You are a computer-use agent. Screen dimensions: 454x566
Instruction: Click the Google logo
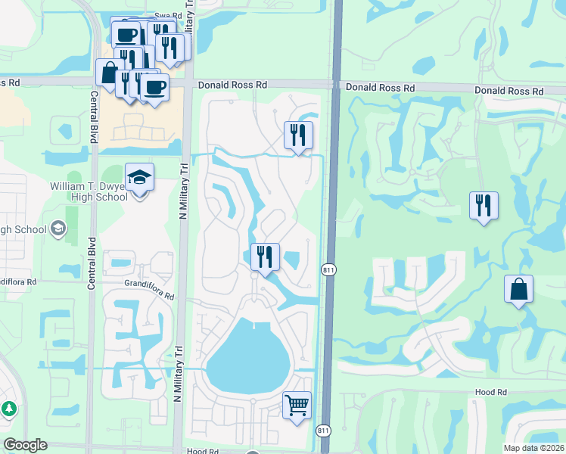[26, 445]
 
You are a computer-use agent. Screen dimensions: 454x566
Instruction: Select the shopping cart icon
[297, 404]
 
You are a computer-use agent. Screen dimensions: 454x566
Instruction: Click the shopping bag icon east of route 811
[518, 289]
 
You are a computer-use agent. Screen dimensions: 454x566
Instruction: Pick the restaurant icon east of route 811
[484, 205]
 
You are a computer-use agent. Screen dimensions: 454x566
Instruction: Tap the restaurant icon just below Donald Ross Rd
[298, 135]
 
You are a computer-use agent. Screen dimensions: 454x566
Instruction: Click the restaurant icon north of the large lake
[265, 257]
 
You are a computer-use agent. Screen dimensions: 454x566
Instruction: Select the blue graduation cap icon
[139, 177]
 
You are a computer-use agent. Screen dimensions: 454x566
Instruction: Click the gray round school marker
[58, 229]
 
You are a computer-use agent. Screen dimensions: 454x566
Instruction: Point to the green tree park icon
[9, 409]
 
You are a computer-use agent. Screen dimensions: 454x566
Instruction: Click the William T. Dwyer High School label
[89, 191]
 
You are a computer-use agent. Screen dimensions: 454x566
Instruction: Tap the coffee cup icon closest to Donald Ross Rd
[155, 87]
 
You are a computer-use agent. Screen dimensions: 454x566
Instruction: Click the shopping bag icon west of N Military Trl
[109, 73]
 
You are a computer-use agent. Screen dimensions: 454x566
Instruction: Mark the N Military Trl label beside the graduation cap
[182, 193]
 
